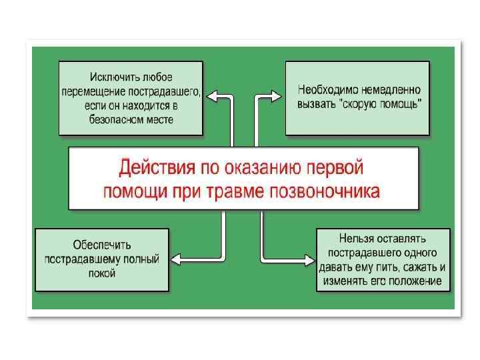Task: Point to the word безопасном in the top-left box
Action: coord(115,120)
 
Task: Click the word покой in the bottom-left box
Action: coord(102,273)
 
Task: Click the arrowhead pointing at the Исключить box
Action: coord(211,97)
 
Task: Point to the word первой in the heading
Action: coord(338,167)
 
